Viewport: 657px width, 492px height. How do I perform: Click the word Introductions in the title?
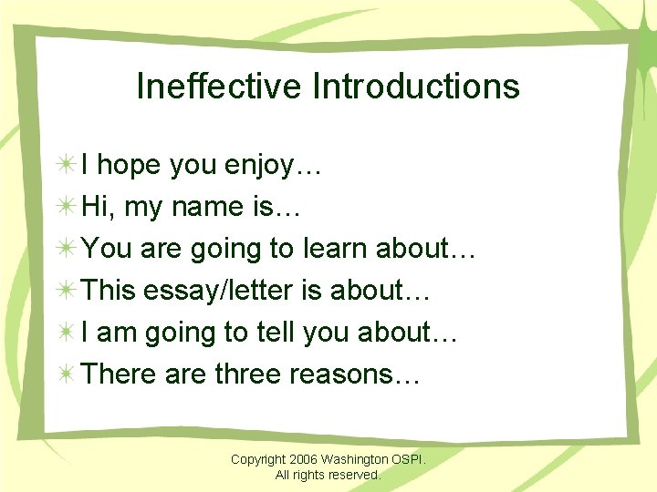pyautogui.click(x=416, y=87)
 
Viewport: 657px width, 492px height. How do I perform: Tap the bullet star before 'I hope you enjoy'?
pyautogui.click(x=66, y=165)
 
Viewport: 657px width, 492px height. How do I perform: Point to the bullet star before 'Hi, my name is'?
pyautogui.click(x=66, y=207)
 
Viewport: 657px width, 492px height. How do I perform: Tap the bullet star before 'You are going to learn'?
pyautogui.click(x=66, y=249)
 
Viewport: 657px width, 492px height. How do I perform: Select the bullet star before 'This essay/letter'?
pyautogui.click(x=66, y=291)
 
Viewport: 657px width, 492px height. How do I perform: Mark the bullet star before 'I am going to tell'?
pyautogui.click(x=66, y=333)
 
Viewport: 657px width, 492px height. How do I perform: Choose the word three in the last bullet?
pyautogui.click(x=247, y=374)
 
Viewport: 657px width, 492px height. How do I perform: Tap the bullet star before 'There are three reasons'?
pyautogui.click(x=66, y=374)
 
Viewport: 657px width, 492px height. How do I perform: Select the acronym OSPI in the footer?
pyautogui.click(x=409, y=459)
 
